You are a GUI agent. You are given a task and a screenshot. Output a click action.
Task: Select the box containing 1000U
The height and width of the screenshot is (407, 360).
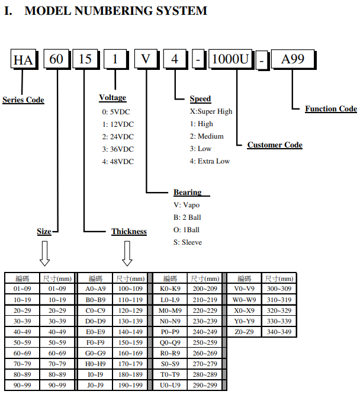point(231,59)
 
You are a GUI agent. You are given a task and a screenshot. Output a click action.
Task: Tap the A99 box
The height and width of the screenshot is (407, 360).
point(294,59)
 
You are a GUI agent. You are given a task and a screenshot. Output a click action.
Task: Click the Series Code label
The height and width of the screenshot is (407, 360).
point(23,100)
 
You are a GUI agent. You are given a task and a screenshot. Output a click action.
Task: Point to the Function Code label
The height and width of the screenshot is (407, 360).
point(331,109)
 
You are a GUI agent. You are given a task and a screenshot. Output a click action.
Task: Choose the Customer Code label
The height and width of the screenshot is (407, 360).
point(275,145)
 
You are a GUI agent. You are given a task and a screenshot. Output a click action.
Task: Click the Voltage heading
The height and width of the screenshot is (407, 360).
point(112,98)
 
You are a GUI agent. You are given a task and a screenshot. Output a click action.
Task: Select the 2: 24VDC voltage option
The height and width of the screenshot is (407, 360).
point(118,137)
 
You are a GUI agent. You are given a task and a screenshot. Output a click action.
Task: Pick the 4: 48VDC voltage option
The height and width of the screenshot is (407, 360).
point(118,162)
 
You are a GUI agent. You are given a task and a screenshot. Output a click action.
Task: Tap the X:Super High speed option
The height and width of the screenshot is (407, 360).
point(211,111)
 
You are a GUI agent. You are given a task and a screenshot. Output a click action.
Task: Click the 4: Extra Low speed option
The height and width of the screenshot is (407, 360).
point(210,161)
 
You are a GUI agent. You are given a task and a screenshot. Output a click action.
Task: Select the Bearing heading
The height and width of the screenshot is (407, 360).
point(188,193)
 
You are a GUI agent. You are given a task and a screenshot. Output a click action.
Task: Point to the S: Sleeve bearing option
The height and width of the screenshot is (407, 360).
point(188,242)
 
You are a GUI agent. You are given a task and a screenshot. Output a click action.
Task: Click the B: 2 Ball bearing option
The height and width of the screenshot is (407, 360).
point(187,217)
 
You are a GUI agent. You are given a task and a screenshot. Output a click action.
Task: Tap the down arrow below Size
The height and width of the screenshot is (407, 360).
point(44,254)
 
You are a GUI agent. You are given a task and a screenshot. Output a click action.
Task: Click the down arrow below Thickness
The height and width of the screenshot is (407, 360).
point(127,254)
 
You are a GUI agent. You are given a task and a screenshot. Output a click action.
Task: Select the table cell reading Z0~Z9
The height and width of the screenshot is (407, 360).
point(244,332)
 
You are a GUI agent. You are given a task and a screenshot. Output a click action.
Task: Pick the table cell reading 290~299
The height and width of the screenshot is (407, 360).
point(205,386)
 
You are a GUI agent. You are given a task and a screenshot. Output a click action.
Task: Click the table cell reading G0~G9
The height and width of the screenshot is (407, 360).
point(95,353)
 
